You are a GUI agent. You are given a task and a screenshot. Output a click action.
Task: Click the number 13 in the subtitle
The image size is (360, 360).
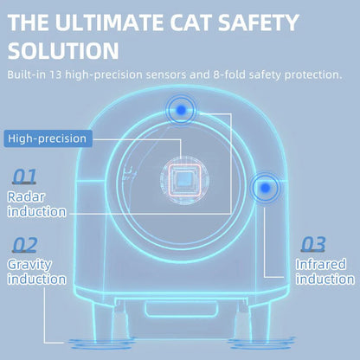(70, 75)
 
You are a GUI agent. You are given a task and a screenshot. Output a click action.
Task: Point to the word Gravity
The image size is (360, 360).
(30, 264)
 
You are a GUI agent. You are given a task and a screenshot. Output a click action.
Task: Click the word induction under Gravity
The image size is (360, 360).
(36, 279)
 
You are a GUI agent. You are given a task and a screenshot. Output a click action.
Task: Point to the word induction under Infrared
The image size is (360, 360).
(325, 279)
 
